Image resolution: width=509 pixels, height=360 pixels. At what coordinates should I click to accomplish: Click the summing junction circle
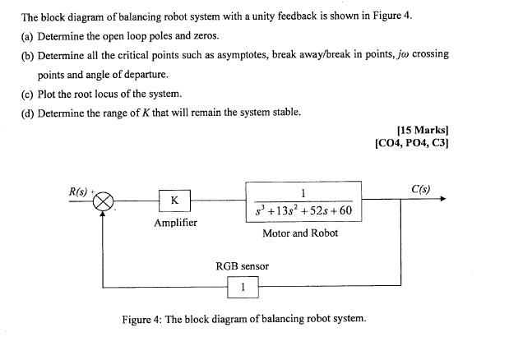click(x=104, y=199)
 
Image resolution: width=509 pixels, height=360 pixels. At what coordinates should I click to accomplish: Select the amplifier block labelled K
click(x=174, y=199)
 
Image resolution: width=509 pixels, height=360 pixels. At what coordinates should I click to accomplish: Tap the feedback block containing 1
click(x=243, y=287)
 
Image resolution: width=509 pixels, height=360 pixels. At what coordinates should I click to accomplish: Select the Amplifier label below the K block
click(x=175, y=222)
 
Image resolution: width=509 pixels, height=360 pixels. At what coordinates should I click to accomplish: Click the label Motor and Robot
click(x=300, y=233)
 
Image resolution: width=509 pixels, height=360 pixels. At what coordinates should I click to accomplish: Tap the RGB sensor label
click(x=242, y=265)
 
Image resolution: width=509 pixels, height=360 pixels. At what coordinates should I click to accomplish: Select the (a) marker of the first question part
click(x=28, y=36)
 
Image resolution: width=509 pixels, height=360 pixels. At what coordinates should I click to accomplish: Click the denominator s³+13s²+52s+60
click(x=303, y=209)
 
